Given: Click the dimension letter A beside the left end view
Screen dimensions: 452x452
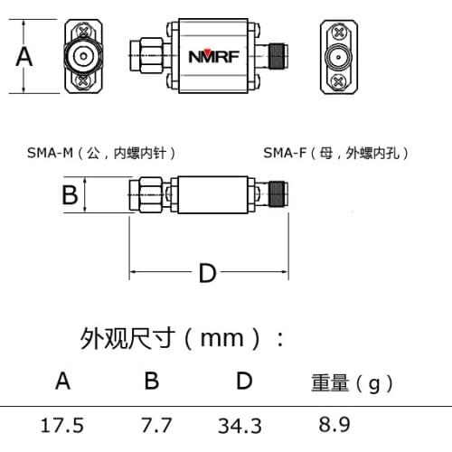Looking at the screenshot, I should pos(25,57).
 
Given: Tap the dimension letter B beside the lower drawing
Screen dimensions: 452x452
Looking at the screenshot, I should pos(69,193).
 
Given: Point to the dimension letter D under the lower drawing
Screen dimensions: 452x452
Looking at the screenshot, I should pos(208,271).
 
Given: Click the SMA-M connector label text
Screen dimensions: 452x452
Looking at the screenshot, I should pos(100,153).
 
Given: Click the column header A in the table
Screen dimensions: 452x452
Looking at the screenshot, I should pos(61,381).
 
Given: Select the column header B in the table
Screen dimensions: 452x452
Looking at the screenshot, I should pos(152,381).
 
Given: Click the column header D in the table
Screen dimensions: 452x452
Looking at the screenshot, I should pos(243,381).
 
